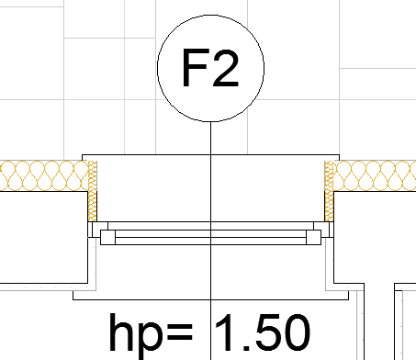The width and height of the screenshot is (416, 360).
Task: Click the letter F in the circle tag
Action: coord(196,67)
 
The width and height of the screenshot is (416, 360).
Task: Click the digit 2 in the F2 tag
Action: coord(226,67)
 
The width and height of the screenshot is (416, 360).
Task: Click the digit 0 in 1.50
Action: coord(297,332)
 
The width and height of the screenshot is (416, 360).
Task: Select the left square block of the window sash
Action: coord(107,237)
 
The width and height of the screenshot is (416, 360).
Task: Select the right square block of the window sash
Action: coord(314,237)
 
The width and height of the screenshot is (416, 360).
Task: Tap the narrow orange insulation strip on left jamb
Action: coord(92,191)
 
